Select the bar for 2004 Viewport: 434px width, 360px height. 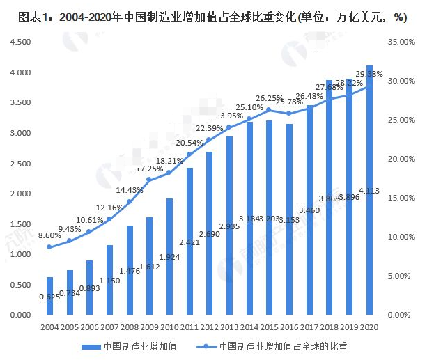point(49,295)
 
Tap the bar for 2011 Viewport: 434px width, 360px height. point(189,241)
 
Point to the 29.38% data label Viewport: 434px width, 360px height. point(369,74)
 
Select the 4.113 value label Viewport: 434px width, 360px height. point(369,190)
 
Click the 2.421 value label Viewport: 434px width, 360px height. point(189,243)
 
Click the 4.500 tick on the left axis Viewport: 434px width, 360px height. point(20,42)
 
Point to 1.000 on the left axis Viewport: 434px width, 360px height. point(20,254)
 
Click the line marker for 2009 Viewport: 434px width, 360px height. point(149,180)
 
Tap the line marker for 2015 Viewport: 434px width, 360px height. point(270,110)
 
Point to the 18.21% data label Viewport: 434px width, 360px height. point(169,161)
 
